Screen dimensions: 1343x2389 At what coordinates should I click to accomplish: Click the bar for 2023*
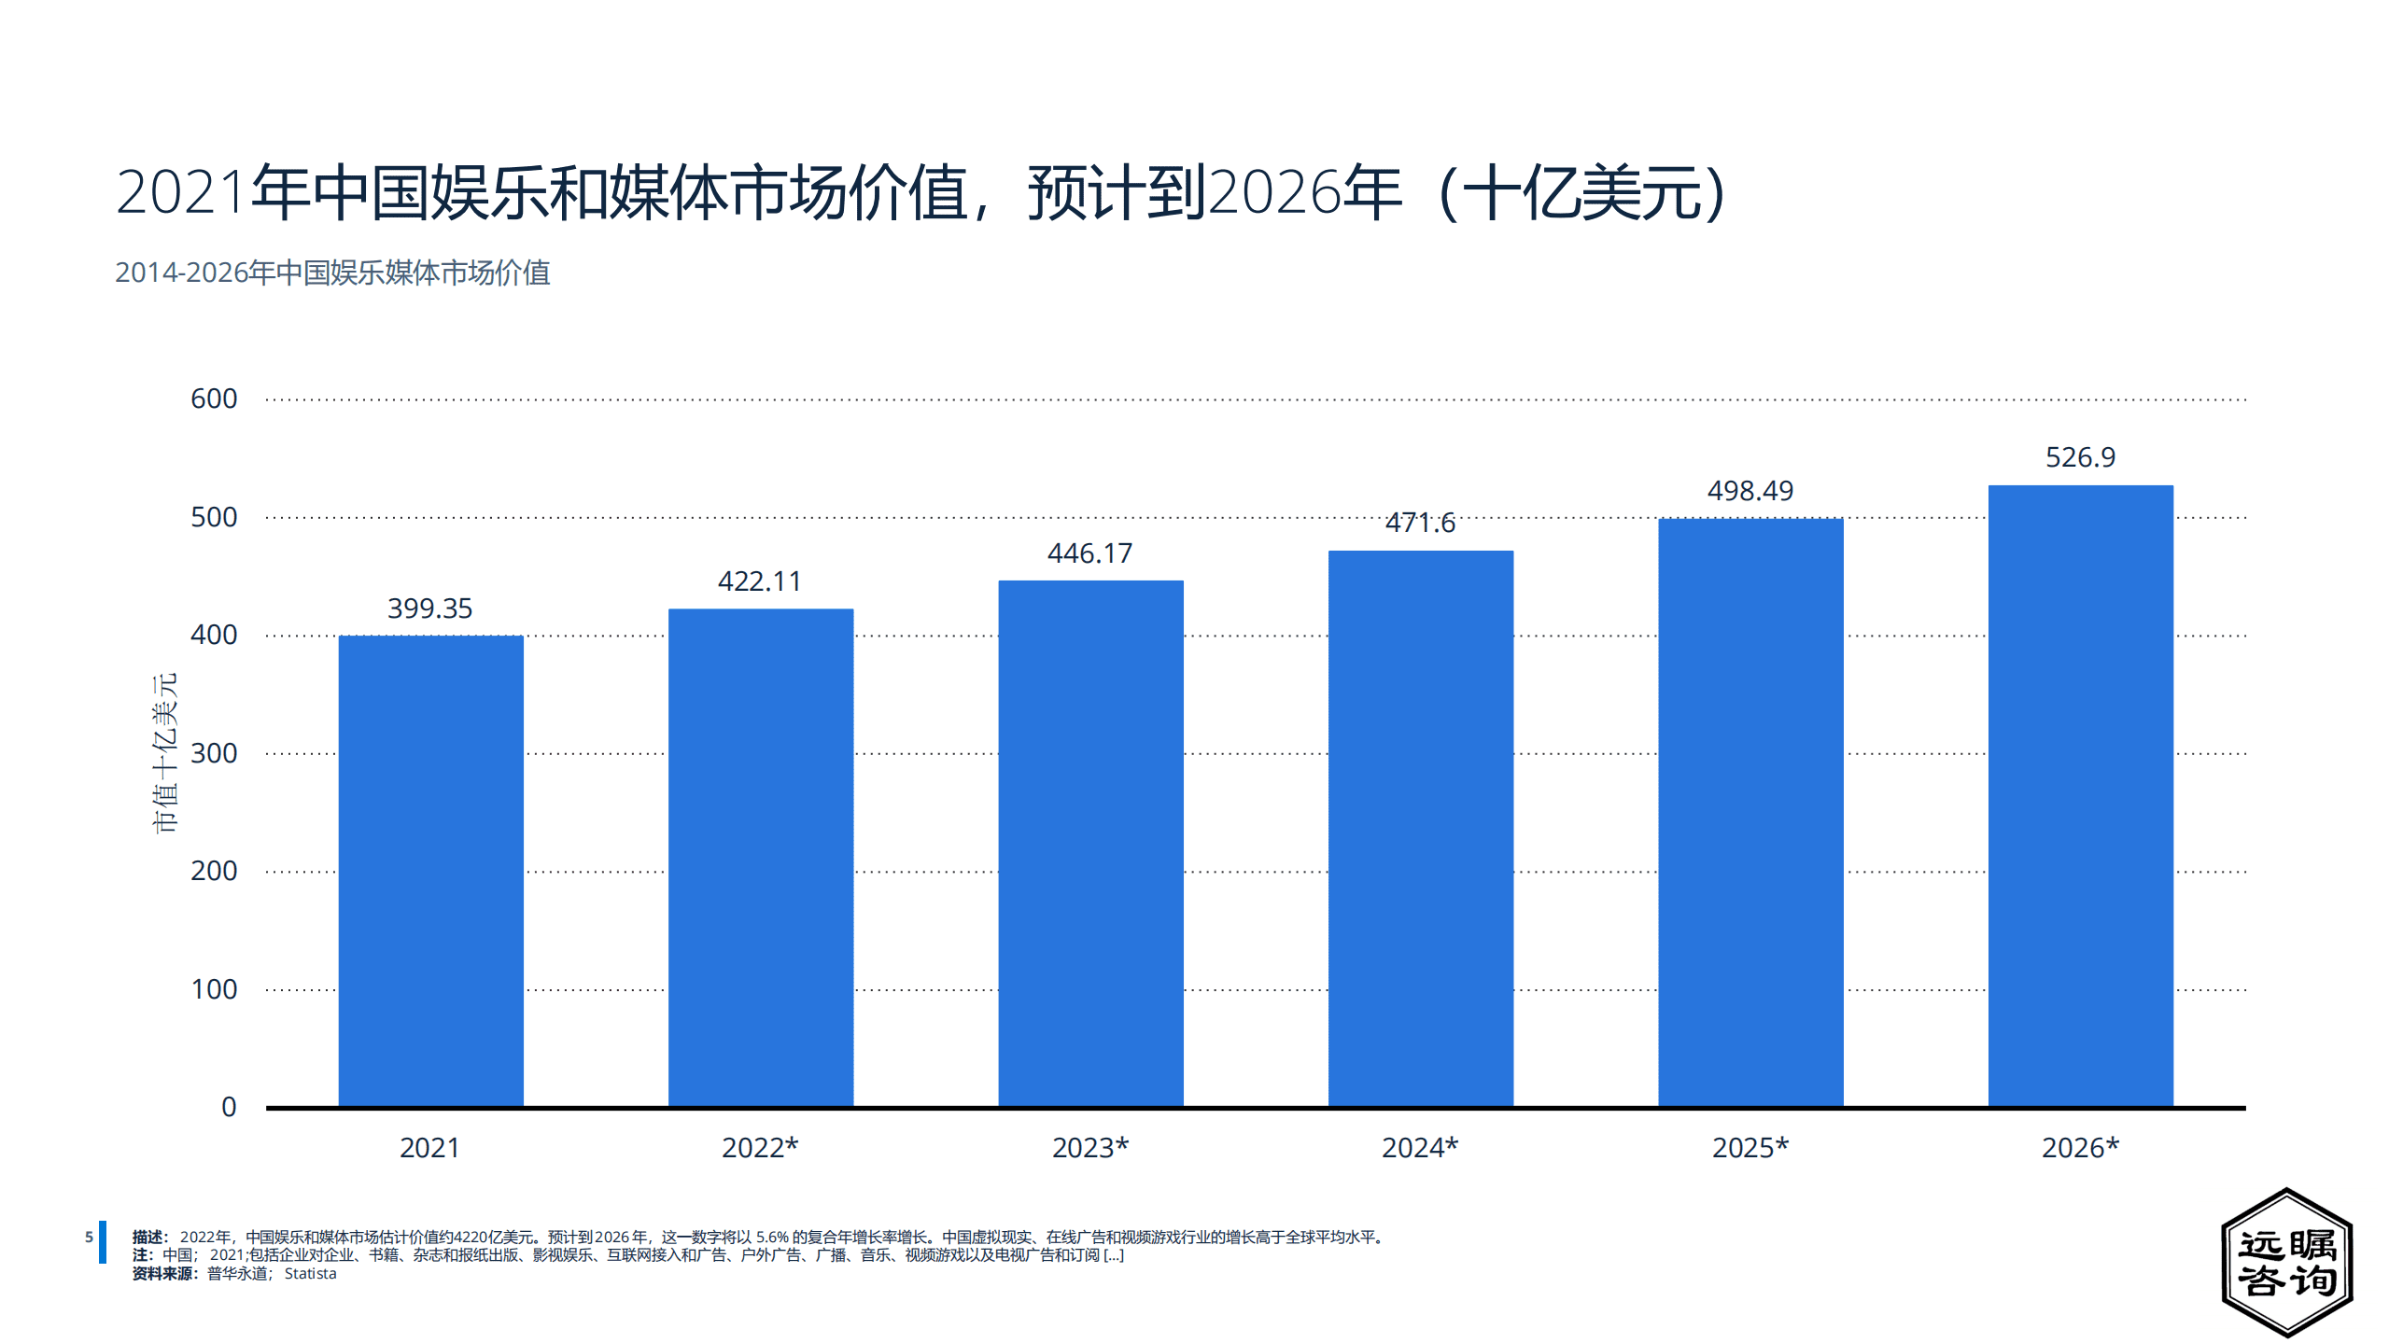click(1090, 844)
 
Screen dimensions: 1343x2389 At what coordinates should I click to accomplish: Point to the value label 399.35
click(430, 609)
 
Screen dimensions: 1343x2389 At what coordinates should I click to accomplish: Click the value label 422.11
click(760, 581)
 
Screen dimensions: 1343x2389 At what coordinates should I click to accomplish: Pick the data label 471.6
click(1420, 523)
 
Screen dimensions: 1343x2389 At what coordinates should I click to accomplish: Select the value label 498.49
click(1750, 491)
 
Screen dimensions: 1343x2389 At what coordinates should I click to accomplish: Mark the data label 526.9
click(2080, 457)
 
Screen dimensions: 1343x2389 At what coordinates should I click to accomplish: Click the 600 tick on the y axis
click(214, 399)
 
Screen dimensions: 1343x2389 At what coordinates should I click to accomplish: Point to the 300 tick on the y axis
click(214, 753)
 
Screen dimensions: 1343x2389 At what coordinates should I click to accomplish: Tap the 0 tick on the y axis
click(229, 1107)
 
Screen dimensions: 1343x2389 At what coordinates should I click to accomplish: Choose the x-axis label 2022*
click(760, 1148)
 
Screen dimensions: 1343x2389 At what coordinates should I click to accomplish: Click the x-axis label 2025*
click(1750, 1148)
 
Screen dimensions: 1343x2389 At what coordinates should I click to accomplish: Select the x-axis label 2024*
click(1420, 1148)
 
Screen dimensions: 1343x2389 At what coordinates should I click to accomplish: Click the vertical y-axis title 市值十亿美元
click(164, 752)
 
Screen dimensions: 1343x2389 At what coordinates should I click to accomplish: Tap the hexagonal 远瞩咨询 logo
click(2286, 1263)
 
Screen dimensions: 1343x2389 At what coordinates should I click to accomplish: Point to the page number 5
click(89, 1238)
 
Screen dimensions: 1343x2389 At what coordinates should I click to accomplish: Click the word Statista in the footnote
click(310, 1274)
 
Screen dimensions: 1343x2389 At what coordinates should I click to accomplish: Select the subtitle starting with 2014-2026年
click(332, 273)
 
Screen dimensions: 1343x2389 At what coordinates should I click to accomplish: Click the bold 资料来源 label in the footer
click(162, 1274)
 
